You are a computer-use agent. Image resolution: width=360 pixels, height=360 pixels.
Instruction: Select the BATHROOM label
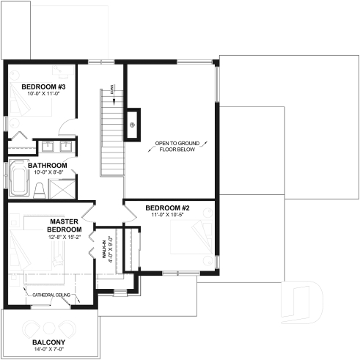coord(48,166)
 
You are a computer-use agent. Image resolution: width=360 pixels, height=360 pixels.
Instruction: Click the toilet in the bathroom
coord(38,190)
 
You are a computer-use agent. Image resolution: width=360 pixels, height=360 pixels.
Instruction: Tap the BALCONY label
coord(48,342)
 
